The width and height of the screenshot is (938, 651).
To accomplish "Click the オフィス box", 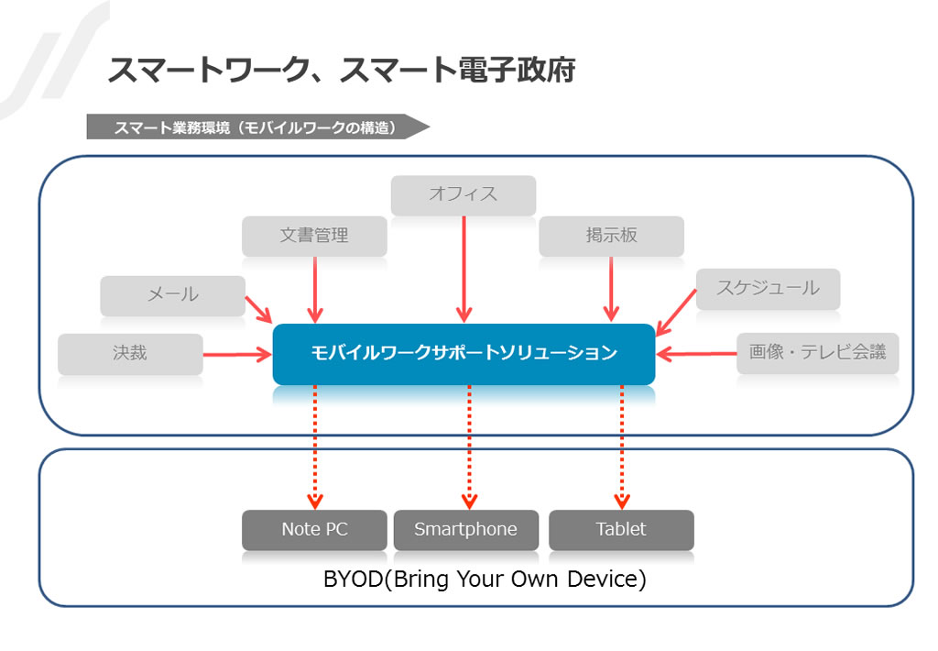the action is tap(463, 195).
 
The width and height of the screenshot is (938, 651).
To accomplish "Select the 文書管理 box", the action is tap(314, 236).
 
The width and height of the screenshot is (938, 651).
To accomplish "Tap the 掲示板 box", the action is tap(611, 236).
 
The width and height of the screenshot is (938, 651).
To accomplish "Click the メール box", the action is tap(173, 296).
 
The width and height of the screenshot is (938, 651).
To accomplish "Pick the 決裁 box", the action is tap(130, 354).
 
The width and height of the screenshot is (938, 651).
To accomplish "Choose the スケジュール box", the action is tap(769, 289).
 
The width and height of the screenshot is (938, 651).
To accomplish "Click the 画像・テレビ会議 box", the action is tap(818, 353).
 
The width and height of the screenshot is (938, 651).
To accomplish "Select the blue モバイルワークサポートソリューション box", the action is tap(464, 354).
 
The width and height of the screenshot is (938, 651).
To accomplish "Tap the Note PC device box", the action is tap(314, 530).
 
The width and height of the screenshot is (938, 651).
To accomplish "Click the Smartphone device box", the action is tap(466, 530).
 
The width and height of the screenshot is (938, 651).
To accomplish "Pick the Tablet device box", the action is tap(622, 530).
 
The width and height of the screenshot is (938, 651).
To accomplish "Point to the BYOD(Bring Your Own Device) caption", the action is tap(485, 579).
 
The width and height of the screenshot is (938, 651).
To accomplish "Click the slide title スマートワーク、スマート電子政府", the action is tap(341, 70).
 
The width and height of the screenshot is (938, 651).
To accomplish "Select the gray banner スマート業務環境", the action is tap(257, 127).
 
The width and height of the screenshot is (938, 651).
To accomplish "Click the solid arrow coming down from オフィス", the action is tap(464, 270).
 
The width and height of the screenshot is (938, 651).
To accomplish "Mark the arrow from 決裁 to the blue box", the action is tap(237, 355).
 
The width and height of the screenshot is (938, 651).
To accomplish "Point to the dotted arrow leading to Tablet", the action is tap(622, 447).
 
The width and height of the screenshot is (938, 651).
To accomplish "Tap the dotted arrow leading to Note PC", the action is tap(315, 447).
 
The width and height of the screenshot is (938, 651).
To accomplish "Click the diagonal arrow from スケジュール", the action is tap(676, 313).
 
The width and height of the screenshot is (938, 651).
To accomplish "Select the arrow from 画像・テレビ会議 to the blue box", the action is tap(696, 354).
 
